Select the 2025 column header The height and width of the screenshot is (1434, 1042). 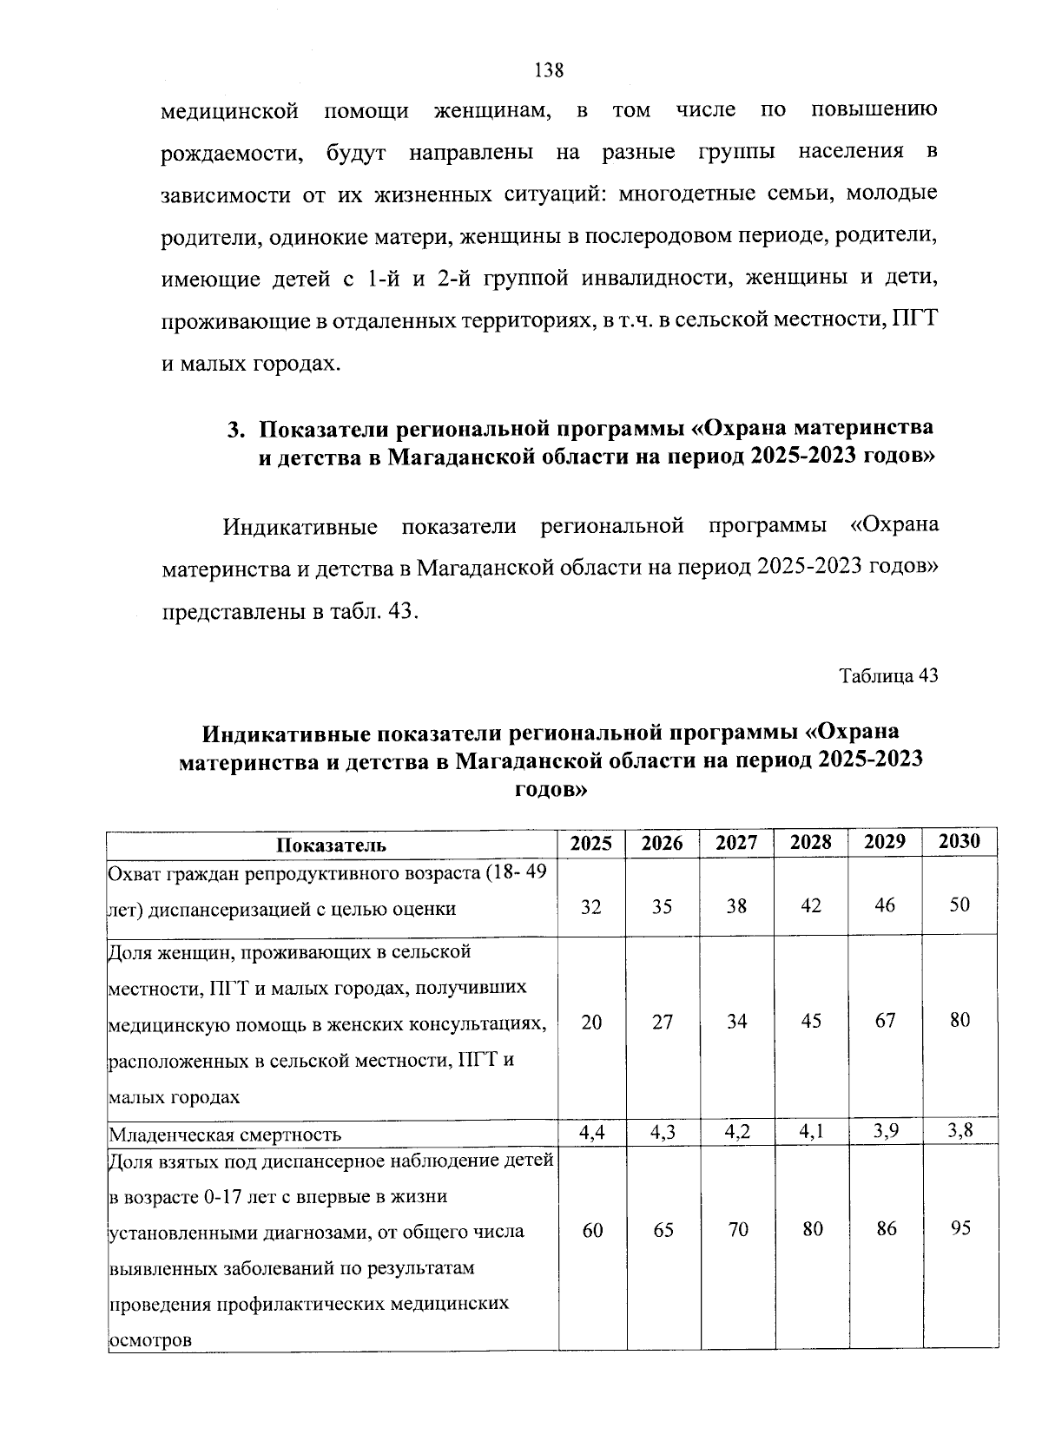[x=591, y=843]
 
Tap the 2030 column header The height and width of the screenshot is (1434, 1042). [x=960, y=841]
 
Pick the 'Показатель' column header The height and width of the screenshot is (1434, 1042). [x=331, y=845]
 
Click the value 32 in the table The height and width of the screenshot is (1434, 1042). [x=590, y=906]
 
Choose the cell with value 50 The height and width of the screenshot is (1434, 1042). [x=960, y=904]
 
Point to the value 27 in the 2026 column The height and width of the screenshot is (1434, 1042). [x=663, y=1023]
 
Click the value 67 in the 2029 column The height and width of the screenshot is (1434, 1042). [x=885, y=1021]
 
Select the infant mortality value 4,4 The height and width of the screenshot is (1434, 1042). [x=591, y=1132]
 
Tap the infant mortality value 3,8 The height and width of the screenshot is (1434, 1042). [x=960, y=1130]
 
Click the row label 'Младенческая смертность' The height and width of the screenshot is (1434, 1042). [x=224, y=1135]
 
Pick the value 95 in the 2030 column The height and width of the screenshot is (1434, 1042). [x=960, y=1228]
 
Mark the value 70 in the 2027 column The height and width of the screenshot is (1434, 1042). [x=737, y=1230]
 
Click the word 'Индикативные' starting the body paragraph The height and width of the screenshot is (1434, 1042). [x=300, y=527]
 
